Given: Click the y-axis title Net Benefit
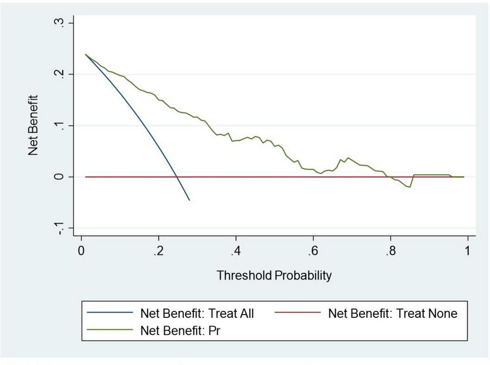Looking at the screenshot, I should (33, 125).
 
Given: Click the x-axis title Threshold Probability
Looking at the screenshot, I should (274, 275).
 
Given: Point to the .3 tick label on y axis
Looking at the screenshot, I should (59, 23).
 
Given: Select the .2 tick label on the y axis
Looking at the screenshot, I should (59, 74).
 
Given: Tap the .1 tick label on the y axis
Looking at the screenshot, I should (59, 126).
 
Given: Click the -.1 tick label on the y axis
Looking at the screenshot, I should (59, 228).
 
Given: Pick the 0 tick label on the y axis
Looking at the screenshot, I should (59, 177).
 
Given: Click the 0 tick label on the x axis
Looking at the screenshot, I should (81, 251).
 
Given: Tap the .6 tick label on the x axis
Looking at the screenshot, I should (313, 251).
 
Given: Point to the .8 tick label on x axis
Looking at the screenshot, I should (390, 251).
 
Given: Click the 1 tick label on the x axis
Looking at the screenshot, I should (467, 251).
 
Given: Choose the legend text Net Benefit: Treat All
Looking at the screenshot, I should (197, 313).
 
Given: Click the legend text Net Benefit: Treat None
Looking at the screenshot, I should (393, 313).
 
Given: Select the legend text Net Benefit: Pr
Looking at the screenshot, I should (180, 331).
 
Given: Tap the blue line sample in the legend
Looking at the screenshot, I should (110, 313).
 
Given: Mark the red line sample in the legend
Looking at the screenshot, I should (298, 313).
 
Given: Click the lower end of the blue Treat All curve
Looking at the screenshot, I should (189, 200).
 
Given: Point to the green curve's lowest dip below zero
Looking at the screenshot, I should (409, 187).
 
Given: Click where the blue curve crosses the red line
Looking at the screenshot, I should (177, 177).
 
